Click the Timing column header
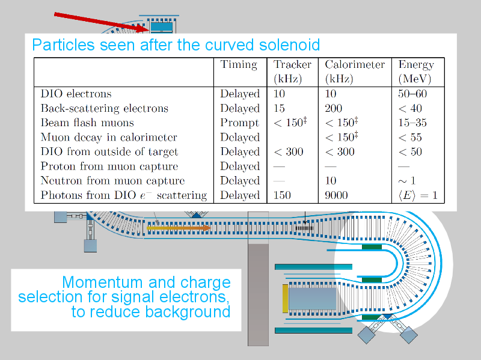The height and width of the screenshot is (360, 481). tap(239, 65)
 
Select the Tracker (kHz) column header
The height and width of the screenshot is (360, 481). tap(292, 72)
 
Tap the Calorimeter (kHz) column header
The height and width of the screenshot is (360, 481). tap(355, 72)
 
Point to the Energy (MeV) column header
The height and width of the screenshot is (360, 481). tap(416, 72)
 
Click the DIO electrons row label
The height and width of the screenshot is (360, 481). tap(76, 94)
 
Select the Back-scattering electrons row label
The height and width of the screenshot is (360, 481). tap(105, 108)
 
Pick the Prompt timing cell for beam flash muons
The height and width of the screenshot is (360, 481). tap(239, 123)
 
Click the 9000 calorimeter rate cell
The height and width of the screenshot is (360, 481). tap(336, 195)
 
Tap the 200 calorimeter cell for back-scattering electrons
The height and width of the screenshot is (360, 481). tap(334, 108)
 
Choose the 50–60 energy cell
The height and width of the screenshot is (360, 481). tap(412, 94)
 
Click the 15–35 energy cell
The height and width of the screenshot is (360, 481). tap(412, 123)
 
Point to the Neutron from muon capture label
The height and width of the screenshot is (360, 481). tap(112, 181)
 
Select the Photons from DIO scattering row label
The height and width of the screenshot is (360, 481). tap(124, 195)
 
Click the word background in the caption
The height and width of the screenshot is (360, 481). tap(188, 312)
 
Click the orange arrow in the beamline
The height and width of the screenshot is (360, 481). tap(179, 228)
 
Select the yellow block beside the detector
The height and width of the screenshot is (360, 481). tap(285, 299)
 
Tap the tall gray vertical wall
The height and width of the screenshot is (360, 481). tap(258, 294)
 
